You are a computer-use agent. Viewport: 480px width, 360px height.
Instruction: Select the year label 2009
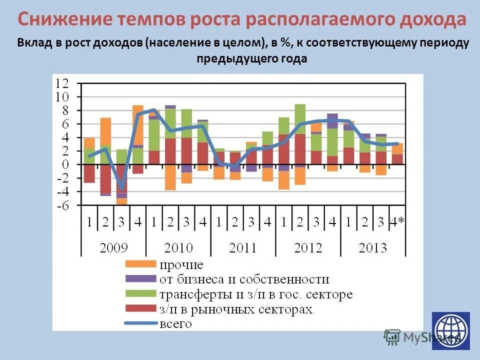click(113, 248)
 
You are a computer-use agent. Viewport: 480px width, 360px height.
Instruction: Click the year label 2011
click(243, 248)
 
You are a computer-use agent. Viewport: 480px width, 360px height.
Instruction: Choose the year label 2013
click(372, 248)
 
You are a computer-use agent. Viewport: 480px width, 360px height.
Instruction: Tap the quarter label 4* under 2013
click(397, 222)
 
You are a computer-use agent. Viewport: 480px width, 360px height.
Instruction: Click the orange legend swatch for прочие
click(140, 264)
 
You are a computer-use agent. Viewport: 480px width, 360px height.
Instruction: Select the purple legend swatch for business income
click(140, 279)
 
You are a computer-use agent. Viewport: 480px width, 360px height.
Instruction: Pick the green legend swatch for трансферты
click(140, 294)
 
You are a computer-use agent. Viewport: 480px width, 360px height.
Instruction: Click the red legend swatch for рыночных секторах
click(140, 309)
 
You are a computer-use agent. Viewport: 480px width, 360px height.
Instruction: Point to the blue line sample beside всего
click(140, 323)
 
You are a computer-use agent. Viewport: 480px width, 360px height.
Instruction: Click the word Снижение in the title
click(65, 20)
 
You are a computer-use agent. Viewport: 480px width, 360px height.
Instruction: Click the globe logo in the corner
click(451, 330)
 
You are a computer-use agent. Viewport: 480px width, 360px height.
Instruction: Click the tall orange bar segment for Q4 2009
click(138, 125)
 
